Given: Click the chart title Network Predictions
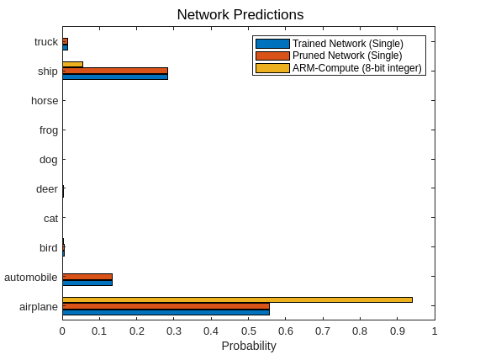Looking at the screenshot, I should (x=240, y=15).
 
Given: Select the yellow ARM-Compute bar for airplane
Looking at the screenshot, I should (x=237, y=299).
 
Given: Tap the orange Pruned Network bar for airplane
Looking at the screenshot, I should (x=166, y=306).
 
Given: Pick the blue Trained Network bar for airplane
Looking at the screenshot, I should (x=166, y=312).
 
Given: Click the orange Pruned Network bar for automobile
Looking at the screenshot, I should (x=87, y=276).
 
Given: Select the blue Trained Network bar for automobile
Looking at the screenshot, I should (x=87, y=282).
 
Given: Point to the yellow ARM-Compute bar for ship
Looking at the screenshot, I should (x=72, y=64).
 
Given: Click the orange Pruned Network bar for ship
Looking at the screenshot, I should (x=115, y=71).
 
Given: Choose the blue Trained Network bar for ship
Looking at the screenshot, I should (x=115, y=77).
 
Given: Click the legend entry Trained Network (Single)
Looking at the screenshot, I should (x=347, y=44).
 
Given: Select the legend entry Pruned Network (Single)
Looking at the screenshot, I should (x=347, y=56).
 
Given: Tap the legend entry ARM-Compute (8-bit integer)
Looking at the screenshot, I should (x=356, y=68).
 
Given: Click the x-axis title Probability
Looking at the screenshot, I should (x=248, y=346).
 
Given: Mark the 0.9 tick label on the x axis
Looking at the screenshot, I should (x=397, y=331).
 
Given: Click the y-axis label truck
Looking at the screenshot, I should (x=46, y=42).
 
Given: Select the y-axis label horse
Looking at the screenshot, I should (x=45, y=101).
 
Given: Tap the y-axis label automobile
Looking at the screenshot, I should (x=31, y=278).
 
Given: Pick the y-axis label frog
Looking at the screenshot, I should (x=48, y=130).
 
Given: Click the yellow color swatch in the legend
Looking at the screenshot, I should (x=272, y=68).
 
